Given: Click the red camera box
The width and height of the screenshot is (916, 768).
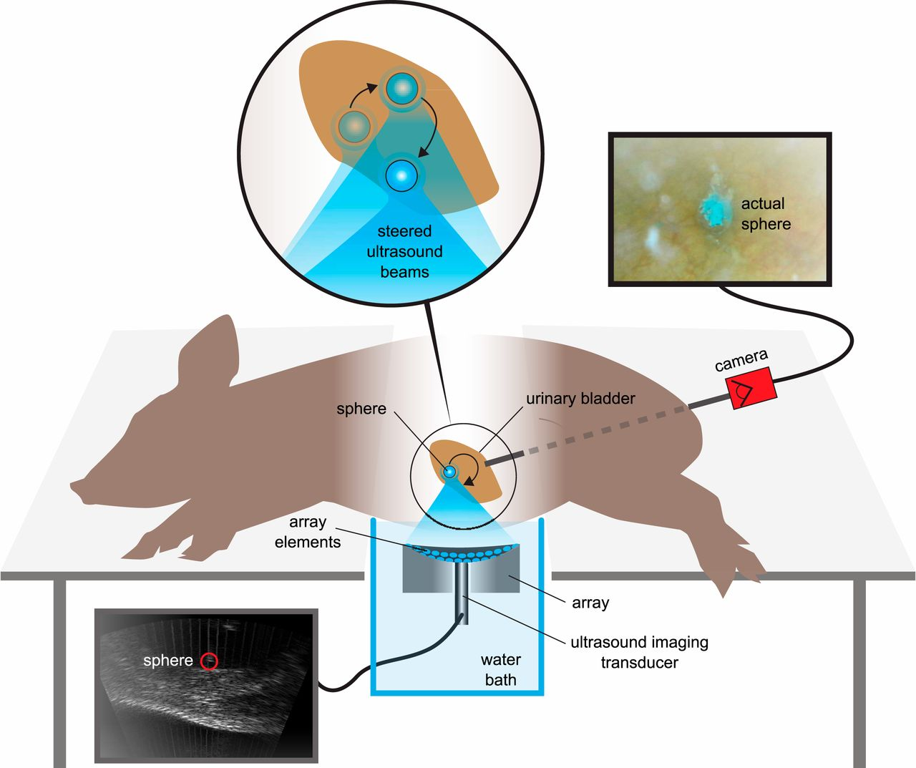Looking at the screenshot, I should click(751, 389).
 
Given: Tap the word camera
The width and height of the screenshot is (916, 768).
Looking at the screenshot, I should click(741, 359).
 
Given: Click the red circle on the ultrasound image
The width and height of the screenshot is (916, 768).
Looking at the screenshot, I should click(208, 661).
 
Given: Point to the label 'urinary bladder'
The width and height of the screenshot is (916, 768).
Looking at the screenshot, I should click(580, 399).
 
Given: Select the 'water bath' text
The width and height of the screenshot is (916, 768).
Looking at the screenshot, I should click(500, 669).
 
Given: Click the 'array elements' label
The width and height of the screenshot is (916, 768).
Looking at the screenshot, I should click(308, 532).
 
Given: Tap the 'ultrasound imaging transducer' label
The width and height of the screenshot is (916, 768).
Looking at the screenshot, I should click(639, 652).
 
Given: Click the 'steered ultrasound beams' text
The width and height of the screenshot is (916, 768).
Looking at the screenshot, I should click(404, 251).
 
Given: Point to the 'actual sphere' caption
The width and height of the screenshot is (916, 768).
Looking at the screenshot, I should click(765, 213).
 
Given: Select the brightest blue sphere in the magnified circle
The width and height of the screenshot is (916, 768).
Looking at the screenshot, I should click(401, 174).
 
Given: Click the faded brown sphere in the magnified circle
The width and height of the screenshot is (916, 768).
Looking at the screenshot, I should click(354, 127).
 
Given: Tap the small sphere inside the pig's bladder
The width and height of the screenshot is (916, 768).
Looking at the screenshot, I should click(449, 472).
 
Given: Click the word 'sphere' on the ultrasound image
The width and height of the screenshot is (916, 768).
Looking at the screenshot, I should click(167, 661).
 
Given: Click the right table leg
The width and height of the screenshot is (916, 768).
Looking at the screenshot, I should click(859, 673).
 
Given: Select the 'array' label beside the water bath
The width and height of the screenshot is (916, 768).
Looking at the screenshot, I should click(590, 603).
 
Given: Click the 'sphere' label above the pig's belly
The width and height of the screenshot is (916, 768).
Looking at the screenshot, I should click(361, 409).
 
